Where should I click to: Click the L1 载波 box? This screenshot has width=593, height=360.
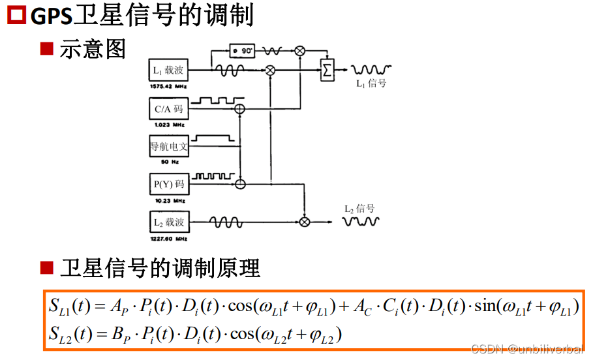pyautogui.click(x=168, y=70)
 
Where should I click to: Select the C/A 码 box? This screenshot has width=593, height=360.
pyautogui.click(x=168, y=109)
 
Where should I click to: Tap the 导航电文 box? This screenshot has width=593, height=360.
pyautogui.click(x=168, y=147)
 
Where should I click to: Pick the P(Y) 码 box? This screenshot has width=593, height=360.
pyautogui.click(x=168, y=185)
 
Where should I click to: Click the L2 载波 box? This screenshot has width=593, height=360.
pyautogui.click(x=168, y=222)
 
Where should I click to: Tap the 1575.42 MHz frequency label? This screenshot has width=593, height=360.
pyautogui.click(x=168, y=85)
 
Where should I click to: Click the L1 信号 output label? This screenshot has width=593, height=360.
pyautogui.click(x=371, y=83)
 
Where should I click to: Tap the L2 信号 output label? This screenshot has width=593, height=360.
pyautogui.click(x=359, y=209)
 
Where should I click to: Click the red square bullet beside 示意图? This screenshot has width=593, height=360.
pyautogui.click(x=46, y=48)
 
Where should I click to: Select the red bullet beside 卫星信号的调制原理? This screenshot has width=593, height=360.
pyautogui.click(x=46, y=267)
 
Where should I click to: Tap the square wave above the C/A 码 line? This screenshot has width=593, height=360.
pyautogui.click(x=215, y=100)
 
